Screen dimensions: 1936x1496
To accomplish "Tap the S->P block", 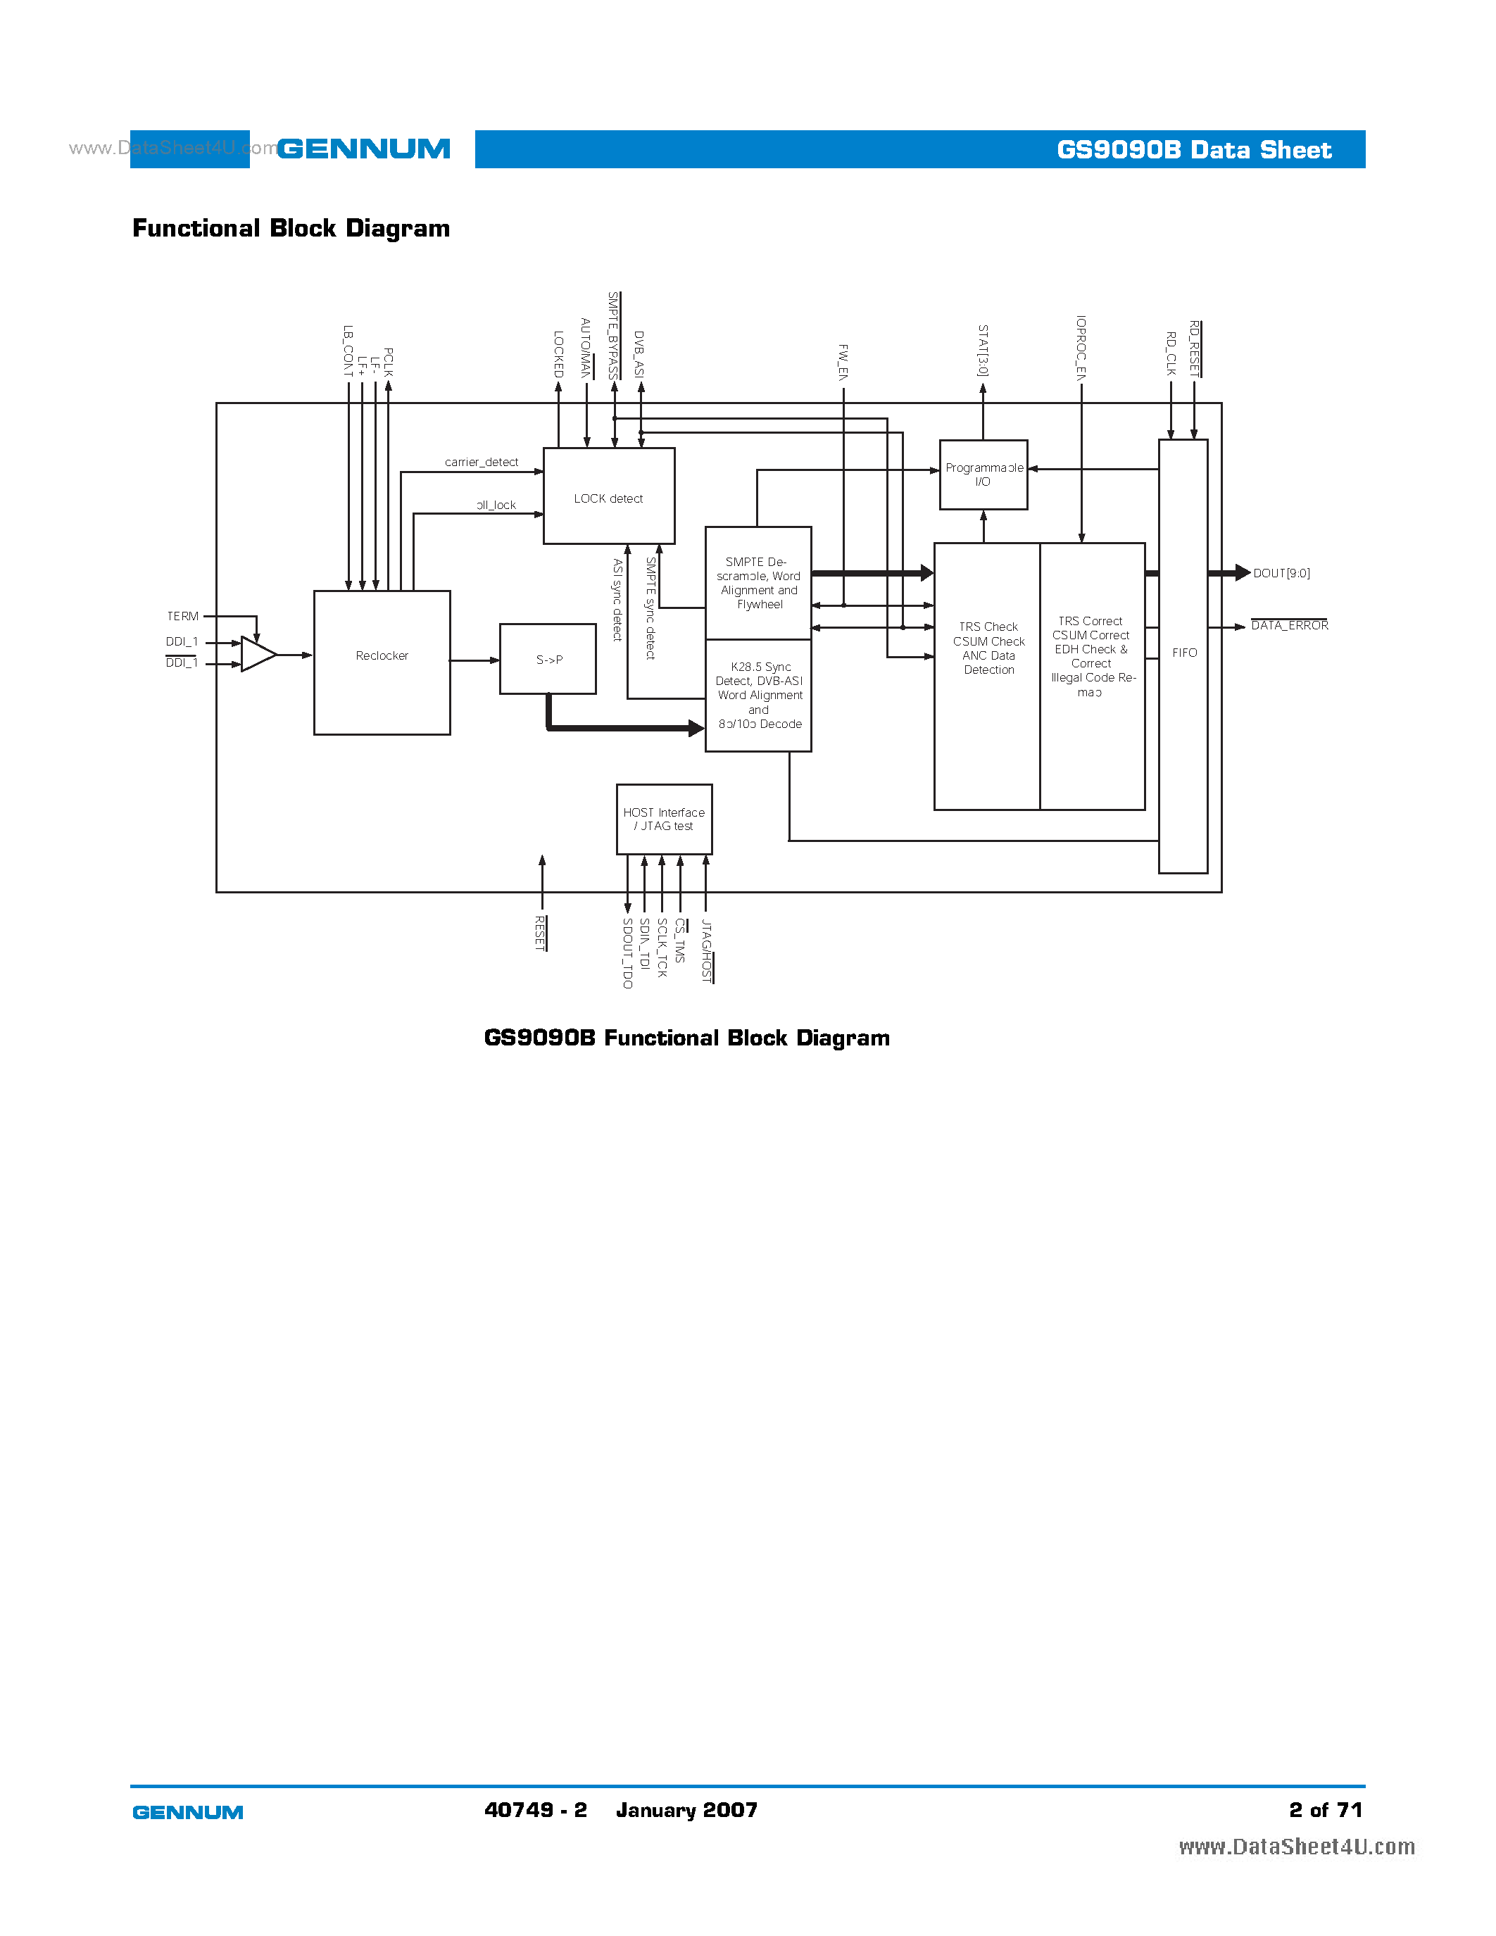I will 548,660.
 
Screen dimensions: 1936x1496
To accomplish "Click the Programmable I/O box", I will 983,475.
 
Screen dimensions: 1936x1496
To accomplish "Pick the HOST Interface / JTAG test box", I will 664,819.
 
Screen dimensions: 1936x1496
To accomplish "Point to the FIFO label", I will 1184,653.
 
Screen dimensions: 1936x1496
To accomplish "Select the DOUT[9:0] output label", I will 1281,574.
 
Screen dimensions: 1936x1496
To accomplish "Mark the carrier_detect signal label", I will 482,463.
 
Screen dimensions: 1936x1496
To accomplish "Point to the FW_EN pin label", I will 843,362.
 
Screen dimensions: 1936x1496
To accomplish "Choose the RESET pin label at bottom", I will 540,934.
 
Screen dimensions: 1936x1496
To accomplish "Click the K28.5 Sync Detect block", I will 759,696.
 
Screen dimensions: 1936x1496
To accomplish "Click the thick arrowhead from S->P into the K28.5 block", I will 696,729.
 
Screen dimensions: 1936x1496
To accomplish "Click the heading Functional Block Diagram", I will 291,229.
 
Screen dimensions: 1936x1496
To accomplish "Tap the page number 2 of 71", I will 1325,1810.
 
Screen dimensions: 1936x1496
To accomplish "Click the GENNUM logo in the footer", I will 188,1813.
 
